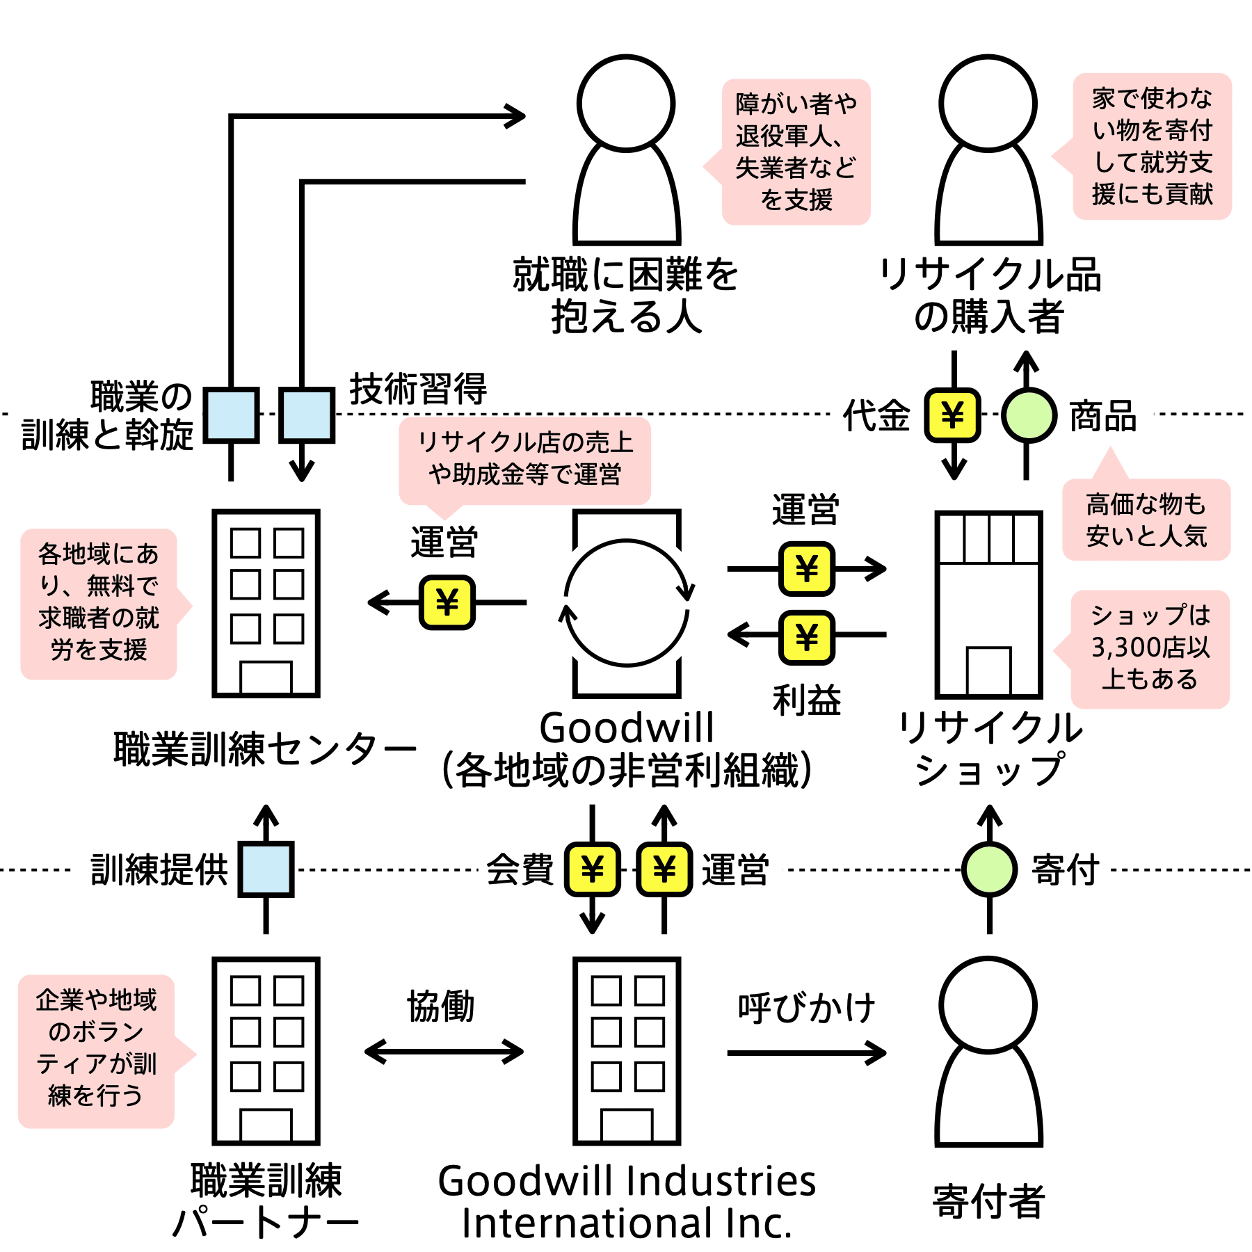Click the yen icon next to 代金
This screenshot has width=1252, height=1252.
click(952, 415)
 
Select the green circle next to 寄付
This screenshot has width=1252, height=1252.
click(989, 869)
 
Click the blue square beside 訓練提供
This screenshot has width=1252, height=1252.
click(266, 869)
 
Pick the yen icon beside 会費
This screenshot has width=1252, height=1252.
click(592, 869)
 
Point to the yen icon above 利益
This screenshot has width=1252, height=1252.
click(807, 637)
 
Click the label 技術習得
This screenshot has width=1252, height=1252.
click(419, 388)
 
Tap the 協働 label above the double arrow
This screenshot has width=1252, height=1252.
click(441, 1006)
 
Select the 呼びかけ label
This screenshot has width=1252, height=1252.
click(807, 1008)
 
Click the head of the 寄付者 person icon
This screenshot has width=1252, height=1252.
click(988, 1006)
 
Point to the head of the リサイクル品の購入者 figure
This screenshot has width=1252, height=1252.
click(988, 104)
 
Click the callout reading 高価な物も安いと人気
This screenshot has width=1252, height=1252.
click(1146, 519)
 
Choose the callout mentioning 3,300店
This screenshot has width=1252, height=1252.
click(1150, 650)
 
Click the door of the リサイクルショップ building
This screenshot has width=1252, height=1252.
click(988, 671)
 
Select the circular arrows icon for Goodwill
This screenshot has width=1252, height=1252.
click(627, 603)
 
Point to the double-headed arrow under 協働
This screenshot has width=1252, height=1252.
click(444, 1052)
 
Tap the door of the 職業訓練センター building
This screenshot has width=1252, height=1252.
click(266, 677)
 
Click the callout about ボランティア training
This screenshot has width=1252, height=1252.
click(97, 1051)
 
